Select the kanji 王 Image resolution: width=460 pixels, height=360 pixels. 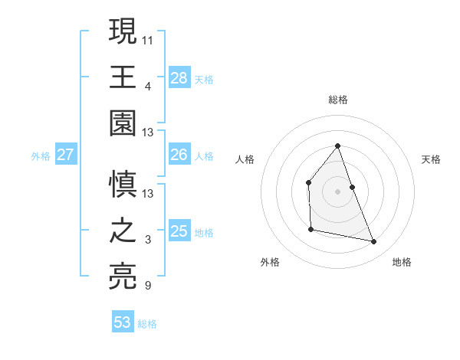(123, 76)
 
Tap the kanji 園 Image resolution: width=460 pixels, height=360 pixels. (123, 123)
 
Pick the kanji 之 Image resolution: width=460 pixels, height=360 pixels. (123, 231)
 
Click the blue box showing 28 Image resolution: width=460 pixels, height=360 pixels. (179, 77)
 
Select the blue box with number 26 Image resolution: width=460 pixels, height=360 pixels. (179, 155)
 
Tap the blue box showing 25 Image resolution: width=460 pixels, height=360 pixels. (179, 231)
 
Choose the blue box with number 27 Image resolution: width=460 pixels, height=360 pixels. (65, 155)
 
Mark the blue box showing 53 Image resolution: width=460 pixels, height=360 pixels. (123, 322)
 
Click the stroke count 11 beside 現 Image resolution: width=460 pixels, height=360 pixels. (148, 38)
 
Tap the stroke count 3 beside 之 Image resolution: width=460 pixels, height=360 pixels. (148, 240)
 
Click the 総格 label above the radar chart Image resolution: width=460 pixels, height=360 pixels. (337, 100)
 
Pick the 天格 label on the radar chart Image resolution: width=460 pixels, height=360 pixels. (431, 159)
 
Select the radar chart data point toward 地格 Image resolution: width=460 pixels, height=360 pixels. (374, 242)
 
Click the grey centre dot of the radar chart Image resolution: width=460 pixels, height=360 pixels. (337, 191)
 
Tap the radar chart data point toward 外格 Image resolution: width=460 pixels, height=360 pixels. (310, 229)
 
